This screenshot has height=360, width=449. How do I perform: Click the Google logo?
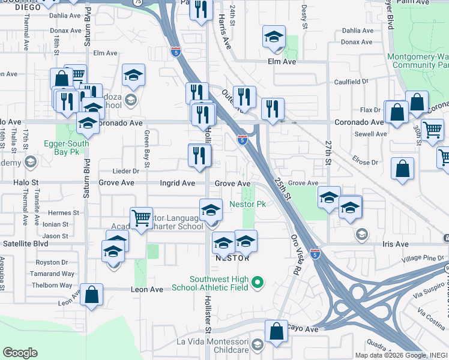pos(20,353)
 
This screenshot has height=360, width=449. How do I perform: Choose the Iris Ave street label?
pos(394,244)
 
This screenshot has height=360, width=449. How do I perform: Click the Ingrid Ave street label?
pos(177,183)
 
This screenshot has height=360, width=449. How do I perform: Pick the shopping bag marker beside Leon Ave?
pos(91,295)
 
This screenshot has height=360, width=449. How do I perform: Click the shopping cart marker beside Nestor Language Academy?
pos(142,217)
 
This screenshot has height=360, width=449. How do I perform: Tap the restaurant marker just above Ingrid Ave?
pos(199,155)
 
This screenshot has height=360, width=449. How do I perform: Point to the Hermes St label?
pos(64,212)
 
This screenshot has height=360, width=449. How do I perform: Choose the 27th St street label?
pos(328,154)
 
